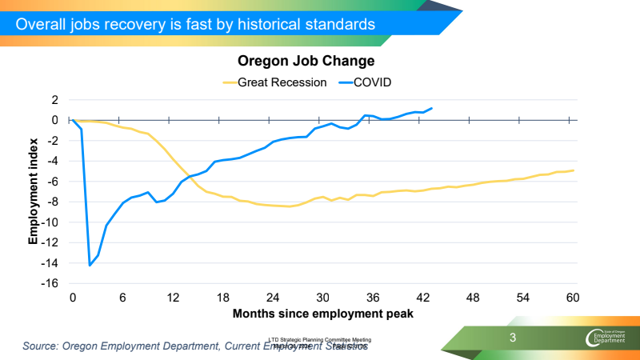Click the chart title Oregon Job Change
coord(306,61)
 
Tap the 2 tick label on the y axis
coord(55,100)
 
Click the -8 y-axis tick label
coord(52,202)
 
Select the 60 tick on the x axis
coord(573,297)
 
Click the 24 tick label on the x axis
coord(273,297)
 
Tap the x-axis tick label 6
coord(122,297)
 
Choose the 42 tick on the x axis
coord(423,297)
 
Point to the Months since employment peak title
coord(322,314)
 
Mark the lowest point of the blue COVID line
coord(90,265)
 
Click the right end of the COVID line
coord(432,108)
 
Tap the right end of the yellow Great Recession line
coord(573,170)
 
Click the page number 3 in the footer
coord(514,338)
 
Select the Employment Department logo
coord(609,338)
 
